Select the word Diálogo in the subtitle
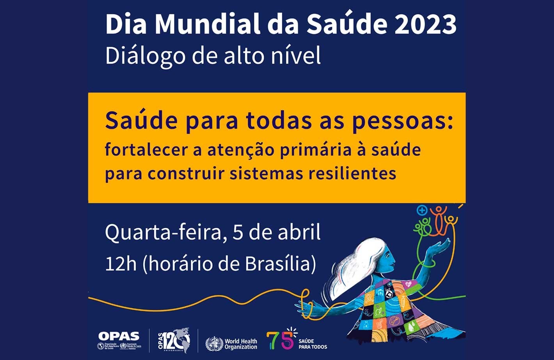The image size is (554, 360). click(145, 56)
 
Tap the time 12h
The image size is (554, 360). click(121, 264)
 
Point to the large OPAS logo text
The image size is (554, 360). click(119, 336)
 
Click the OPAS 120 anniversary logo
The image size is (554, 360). click(174, 340)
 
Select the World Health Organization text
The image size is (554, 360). click(241, 344)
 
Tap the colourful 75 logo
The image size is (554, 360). click(281, 340)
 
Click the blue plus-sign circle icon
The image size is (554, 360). click(422, 211)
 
